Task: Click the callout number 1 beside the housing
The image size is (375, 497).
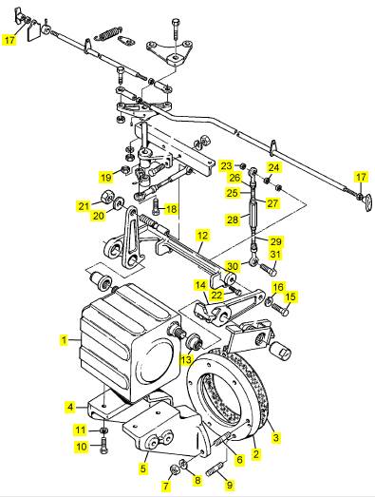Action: pyautogui.click(x=65, y=340)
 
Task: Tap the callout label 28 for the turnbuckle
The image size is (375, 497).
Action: pyautogui.click(x=233, y=220)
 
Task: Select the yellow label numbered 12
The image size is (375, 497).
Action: pyautogui.click(x=203, y=236)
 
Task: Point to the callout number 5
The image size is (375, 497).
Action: pyautogui.click(x=143, y=468)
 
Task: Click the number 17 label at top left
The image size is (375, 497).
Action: pyautogui.click(x=9, y=40)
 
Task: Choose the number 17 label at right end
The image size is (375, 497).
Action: pyautogui.click(x=361, y=177)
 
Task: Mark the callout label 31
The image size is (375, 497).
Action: pyautogui.click(x=275, y=255)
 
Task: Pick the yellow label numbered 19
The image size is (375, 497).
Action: pyautogui.click(x=106, y=177)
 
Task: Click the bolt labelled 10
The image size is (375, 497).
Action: pyautogui.click(x=103, y=446)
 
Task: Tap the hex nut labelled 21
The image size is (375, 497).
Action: pyautogui.click(x=106, y=198)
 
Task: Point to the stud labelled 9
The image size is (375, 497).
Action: pyautogui.click(x=215, y=468)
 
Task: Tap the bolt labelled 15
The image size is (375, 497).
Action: pyautogui.click(x=280, y=309)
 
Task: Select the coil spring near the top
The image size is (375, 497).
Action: pyautogui.click(x=108, y=33)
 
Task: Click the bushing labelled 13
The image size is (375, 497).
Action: pyautogui.click(x=194, y=341)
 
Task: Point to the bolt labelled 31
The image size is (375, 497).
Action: pyautogui.click(x=269, y=270)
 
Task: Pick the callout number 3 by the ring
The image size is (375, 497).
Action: pyautogui.click(x=276, y=437)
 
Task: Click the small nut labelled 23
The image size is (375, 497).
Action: pyautogui.click(x=242, y=165)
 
